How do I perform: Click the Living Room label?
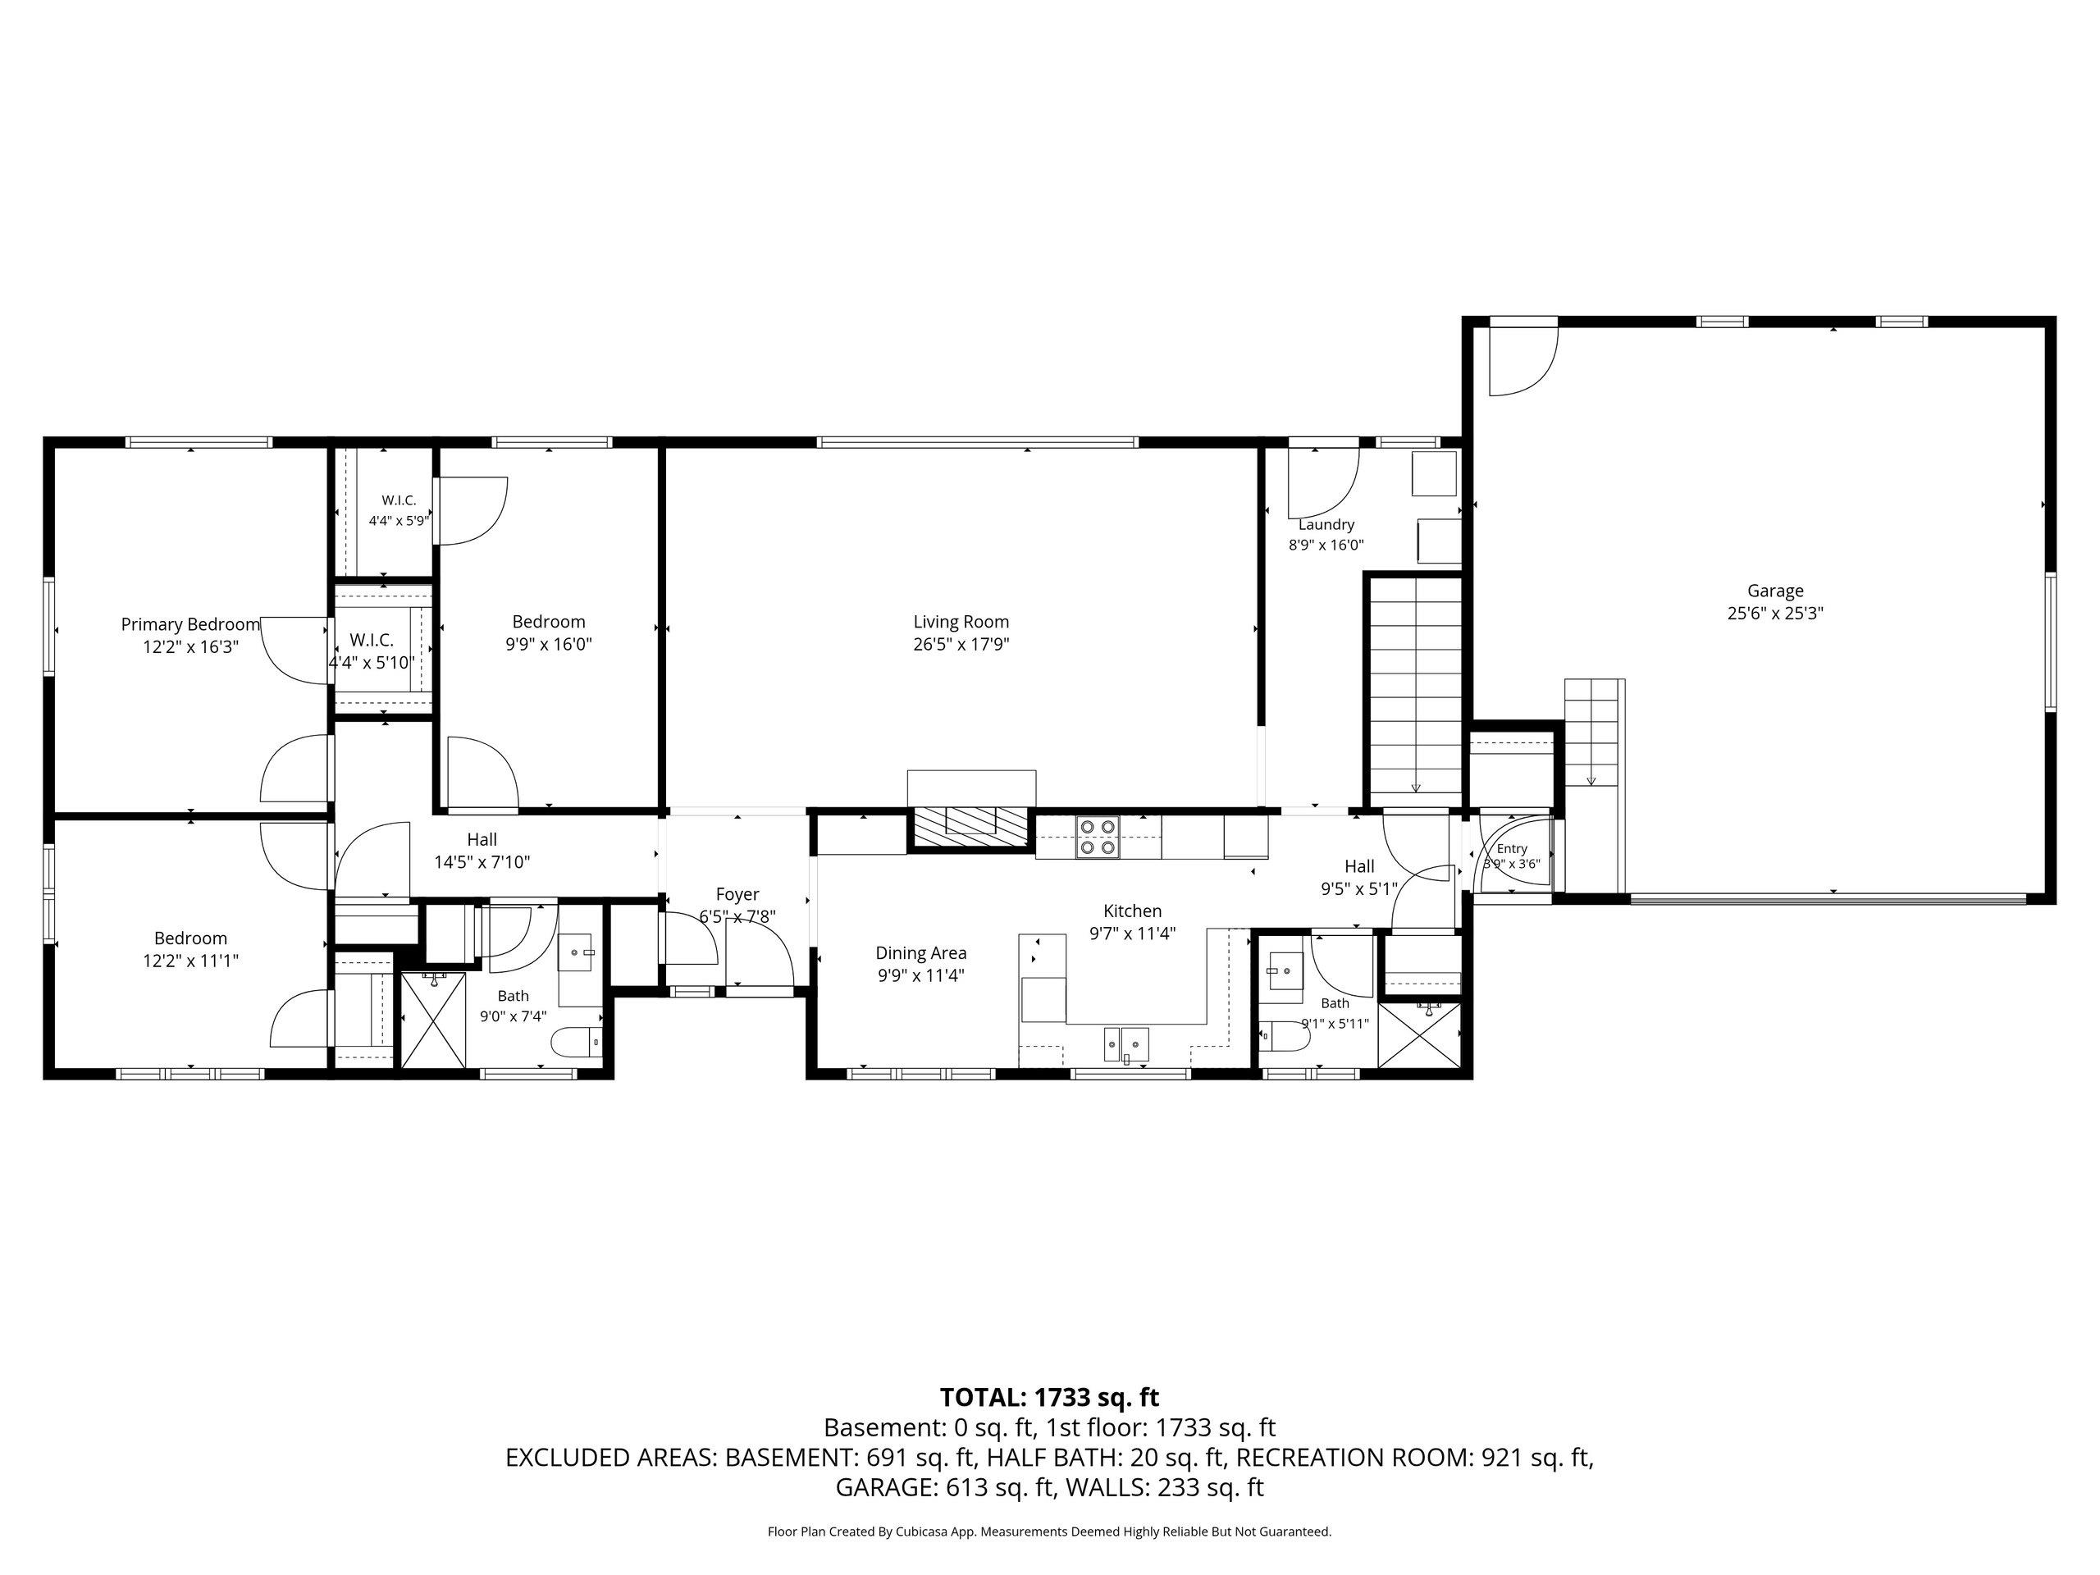coord(961,622)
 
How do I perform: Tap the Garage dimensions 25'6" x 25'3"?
coord(1775,614)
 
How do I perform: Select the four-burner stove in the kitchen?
coord(1098,837)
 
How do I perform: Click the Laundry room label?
coord(1326,524)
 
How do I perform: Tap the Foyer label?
coord(737,894)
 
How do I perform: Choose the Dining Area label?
coord(921,953)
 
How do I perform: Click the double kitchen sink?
coord(1126,1044)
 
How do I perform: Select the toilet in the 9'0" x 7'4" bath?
coord(576,1042)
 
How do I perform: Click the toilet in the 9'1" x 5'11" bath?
coord(1284,1036)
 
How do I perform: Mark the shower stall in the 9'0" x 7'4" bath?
coord(434,1020)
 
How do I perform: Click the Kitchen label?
coord(1133,911)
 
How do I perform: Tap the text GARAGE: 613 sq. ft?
coord(946,1486)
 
